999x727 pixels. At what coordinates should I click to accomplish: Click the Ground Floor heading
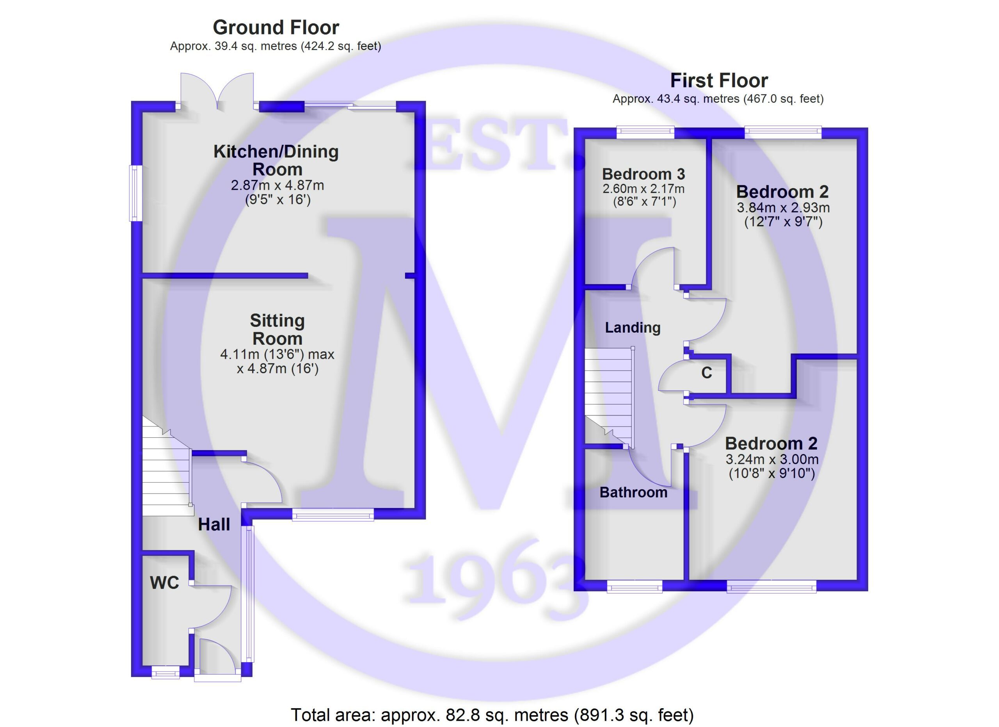(x=276, y=28)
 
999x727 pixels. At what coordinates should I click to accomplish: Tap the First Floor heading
(x=719, y=81)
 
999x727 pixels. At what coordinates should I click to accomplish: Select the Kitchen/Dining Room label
(x=276, y=160)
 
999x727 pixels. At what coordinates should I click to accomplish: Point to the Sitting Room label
(x=277, y=330)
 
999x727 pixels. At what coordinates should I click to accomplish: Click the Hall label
(x=214, y=524)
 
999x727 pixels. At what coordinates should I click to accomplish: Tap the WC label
(x=164, y=583)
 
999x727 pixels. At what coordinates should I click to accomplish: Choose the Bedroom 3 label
(x=643, y=174)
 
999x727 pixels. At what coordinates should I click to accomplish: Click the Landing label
(x=633, y=327)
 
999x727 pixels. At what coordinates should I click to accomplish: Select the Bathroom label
(x=633, y=492)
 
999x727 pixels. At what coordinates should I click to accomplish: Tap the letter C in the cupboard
(x=707, y=373)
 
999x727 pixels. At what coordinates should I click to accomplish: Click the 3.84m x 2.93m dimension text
(x=783, y=208)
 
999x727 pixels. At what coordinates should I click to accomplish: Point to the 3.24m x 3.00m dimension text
(x=772, y=459)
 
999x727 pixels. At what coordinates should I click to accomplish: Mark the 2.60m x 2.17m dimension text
(x=643, y=189)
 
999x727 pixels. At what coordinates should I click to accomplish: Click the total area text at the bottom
(x=492, y=714)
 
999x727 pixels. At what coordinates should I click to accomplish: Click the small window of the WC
(x=165, y=673)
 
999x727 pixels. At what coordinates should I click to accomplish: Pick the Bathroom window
(x=634, y=586)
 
